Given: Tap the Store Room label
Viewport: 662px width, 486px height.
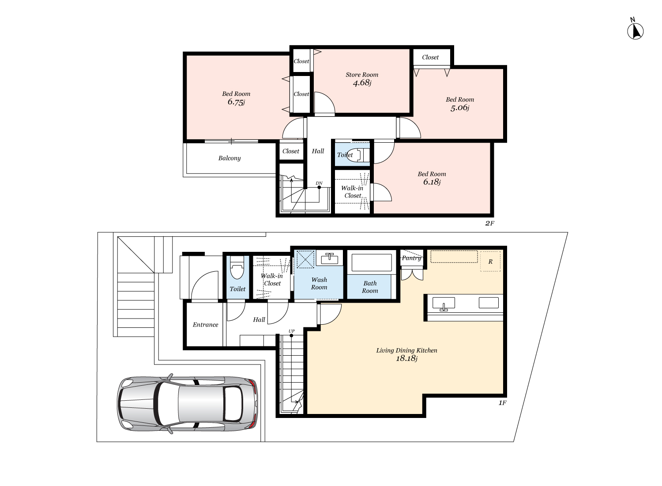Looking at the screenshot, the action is coord(362,75).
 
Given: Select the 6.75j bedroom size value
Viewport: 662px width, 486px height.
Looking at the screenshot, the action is coord(236,102).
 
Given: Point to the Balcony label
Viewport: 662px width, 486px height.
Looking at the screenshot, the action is coord(229,158).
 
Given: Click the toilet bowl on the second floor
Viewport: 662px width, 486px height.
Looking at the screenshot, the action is coord(357,155).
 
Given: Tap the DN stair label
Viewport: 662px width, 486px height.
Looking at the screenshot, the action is coord(319,183).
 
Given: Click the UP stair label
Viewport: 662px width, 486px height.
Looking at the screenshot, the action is coord(291,331).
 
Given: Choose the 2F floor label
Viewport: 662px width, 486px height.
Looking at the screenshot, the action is coord(489,223).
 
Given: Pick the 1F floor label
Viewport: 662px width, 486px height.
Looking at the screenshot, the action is coord(502,403).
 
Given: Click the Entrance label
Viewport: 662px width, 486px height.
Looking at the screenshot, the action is coord(205,325).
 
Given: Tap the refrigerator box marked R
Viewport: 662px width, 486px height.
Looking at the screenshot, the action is coord(490,261).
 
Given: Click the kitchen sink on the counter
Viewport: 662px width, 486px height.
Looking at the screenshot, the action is coord(444,304).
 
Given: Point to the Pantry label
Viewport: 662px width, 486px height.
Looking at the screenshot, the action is coord(411,258).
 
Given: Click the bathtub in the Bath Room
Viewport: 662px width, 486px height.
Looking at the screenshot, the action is coord(372,262).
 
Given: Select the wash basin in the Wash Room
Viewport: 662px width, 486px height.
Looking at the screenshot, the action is coord(330,258).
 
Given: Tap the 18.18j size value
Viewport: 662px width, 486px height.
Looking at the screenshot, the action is coord(406,358).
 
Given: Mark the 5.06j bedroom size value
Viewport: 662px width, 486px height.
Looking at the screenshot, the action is coord(460,108).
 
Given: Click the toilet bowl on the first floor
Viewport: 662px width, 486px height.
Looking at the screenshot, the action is coord(237,268).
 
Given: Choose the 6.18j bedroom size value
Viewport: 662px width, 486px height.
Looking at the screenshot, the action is coord(432,182).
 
